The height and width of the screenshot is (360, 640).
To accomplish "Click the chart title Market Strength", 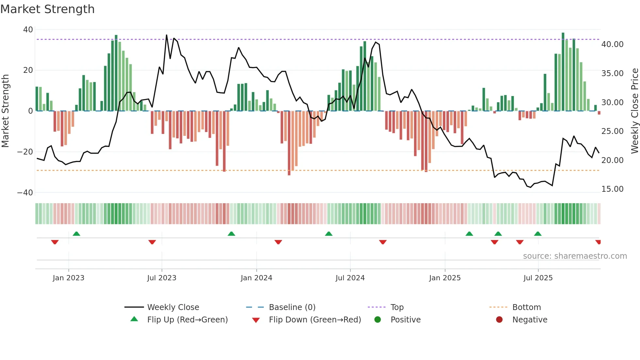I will coord(47,9).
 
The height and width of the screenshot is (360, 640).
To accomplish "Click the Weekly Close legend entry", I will coord(173,307).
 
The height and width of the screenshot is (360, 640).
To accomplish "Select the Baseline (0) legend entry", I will coord(292,307).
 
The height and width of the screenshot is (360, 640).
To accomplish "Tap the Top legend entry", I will coord(397,307).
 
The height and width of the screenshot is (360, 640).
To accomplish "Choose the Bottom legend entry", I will coord(526,307).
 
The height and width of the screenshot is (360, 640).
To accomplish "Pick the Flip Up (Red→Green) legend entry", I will coord(187,319).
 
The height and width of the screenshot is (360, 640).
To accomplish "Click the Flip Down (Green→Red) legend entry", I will coord(315,319).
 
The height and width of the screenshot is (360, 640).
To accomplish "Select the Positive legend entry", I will coord(405,319).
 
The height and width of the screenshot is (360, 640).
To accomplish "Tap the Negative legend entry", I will coord(529,319).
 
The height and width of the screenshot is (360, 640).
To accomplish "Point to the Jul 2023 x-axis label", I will coord(162,278).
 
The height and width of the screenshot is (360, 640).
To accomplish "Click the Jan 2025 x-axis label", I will coord(445,278).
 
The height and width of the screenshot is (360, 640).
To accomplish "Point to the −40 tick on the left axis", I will coord(25,192).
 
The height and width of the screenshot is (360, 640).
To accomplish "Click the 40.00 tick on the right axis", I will coord(612,44).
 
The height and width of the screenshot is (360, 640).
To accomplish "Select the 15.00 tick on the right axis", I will coord(612,189).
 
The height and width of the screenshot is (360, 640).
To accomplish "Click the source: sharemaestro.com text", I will coord(575,256).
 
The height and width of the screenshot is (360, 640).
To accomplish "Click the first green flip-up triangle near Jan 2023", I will coord(76,234).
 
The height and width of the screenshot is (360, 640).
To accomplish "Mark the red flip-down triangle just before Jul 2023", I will coord(152,242).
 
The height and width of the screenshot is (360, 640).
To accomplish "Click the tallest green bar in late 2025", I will coord(563,72).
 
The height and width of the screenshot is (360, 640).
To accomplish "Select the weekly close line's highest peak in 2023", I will coord(167,35).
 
